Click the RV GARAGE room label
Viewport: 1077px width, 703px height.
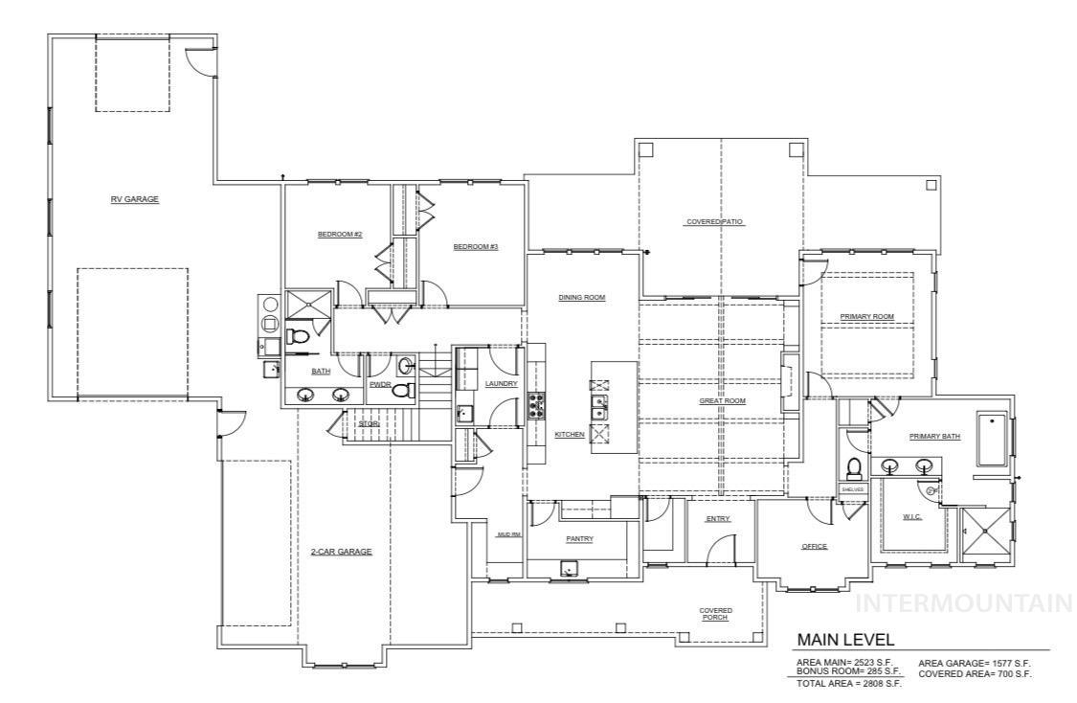click(x=134, y=199)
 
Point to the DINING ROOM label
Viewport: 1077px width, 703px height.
click(x=582, y=297)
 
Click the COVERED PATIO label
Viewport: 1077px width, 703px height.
click(x=714, y=221)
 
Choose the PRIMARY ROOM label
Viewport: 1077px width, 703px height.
click(x=866, y=316)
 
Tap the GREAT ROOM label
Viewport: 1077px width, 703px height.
click(x=722, y=400)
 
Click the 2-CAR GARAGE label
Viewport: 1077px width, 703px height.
click(x=341, y=552)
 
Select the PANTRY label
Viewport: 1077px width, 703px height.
click(x=579, y=538)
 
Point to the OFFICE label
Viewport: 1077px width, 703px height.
click(x=814, y=546)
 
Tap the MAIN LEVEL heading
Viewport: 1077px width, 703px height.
click(x=845, y=639)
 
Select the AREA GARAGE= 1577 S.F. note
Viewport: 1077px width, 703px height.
click(x=975, y=663)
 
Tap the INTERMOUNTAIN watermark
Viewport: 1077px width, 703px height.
click(x=964, y=603)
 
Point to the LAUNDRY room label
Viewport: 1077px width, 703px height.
click(x=501, y=384)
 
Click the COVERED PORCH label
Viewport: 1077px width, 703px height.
click(x=715, y=614)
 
